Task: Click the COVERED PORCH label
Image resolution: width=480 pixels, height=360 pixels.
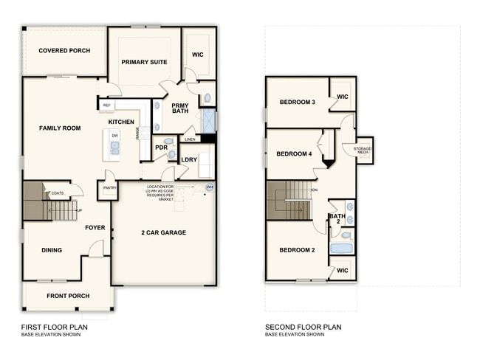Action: (x=65, y=51)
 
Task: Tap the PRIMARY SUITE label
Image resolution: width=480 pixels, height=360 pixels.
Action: (x=144, y=62)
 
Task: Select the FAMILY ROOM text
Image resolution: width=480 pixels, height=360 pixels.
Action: (x=60, y=128)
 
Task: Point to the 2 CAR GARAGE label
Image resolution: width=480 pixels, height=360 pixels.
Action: (x=163, y=233)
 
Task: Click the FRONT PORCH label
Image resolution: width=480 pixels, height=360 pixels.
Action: (x=68, y=296)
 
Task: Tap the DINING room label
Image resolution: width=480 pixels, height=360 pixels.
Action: (x=51, y=250)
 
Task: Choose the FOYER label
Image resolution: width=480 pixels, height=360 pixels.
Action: (x=96, y=227)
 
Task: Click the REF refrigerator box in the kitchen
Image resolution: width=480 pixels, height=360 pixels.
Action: (x=107, y=105)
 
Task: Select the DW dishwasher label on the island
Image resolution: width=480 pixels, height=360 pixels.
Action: (x=115, y=136)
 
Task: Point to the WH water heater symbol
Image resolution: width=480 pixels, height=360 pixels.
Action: (x=208, y=187)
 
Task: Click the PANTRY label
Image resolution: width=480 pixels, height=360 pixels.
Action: (x=110, y=188)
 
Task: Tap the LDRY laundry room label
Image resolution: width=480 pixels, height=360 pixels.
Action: (x=188, y=160)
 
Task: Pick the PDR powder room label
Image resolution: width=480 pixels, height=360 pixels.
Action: (x=161, y=147)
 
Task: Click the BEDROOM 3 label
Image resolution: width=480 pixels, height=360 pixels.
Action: (x=298, y=102)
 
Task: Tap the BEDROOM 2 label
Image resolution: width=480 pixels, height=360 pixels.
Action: (x=298, y=250)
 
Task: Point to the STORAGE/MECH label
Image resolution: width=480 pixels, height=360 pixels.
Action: (x=363, y=150)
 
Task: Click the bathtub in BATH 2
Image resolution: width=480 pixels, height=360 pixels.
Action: (x=342, y=248)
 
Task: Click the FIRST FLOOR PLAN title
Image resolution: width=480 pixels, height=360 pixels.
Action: (x=54, y=328)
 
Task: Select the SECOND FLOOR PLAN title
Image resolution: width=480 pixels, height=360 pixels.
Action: (x=303, y=328)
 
